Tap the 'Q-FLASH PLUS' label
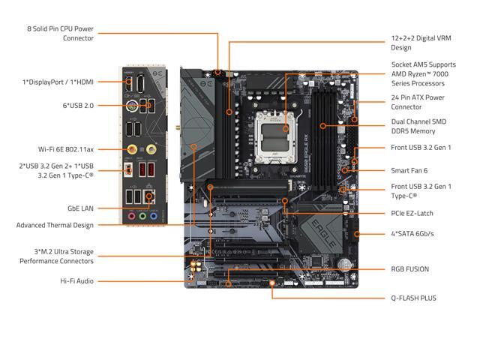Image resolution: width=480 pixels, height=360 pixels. click(413, 298)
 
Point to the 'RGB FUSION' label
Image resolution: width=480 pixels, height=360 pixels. click(409, 268)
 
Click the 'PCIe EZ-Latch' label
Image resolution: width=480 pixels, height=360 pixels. click(412, 213)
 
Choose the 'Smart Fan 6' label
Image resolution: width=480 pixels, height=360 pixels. click(410, 170)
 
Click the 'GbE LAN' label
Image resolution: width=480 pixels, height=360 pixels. click(79, 209)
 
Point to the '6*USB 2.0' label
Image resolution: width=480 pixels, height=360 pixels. click(78, 106)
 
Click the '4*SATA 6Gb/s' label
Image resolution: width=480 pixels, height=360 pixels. click(412, 234)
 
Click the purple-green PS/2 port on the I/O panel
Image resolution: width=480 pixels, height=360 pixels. click(133, 106)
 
